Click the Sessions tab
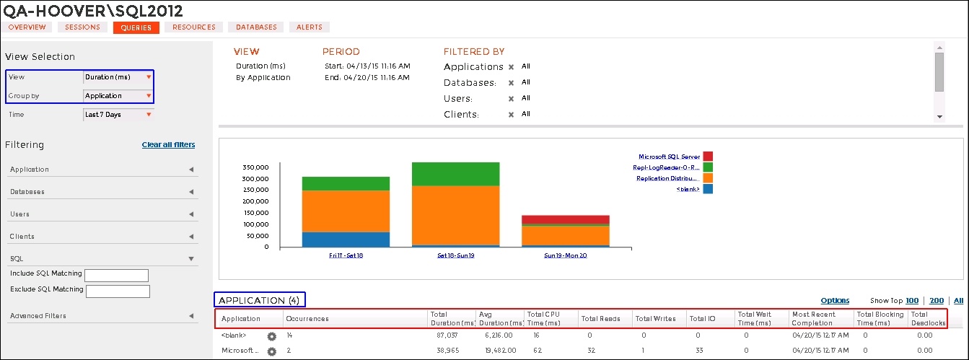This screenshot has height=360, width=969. (x=83, y=27)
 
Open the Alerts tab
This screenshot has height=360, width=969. (x=310, y=27)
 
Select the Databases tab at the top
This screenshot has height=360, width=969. (x=256, y=27)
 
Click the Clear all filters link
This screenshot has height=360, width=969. (x=168, y=145)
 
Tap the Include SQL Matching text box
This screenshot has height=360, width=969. (x=116, y=276)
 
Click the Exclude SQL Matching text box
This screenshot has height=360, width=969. (x=117, y=291)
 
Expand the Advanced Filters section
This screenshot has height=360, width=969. (x=102, y=316)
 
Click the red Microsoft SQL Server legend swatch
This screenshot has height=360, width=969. (x=708, y=157)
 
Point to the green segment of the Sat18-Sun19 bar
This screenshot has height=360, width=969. (x=455, y=174)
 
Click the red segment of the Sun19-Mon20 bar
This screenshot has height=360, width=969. (x=565, y=219)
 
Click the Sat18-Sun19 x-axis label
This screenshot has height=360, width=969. (x=455, y=255)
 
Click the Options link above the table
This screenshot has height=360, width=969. (x=835, y=301)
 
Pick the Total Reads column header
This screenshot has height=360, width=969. (x=600, y=319)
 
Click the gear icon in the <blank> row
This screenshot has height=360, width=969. (x=272, y=336)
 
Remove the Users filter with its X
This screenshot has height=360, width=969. (x=511, y=99)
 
